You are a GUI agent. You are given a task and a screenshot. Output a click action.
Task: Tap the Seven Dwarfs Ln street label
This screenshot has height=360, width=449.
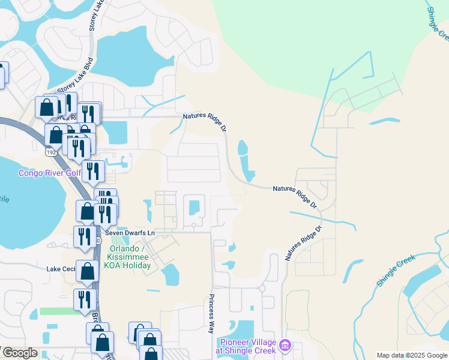[x=130, y=232]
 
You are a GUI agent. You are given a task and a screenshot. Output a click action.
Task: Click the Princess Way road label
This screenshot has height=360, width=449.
[x=211, y=313]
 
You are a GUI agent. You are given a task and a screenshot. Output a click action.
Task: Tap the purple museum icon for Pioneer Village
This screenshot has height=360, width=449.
[x=285, y=345]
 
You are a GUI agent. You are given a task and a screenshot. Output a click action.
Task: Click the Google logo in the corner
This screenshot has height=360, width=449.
[x=19, y=353]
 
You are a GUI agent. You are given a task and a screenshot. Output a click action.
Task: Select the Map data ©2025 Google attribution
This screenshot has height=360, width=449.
[x=412, y=355]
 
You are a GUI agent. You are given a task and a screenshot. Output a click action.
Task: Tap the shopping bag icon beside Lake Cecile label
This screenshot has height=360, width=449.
[x=88, y=271]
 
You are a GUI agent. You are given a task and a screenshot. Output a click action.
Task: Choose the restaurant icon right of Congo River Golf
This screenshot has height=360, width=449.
[x=93, y=170]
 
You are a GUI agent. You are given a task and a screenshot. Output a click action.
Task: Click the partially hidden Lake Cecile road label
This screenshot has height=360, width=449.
[x=61, y=269]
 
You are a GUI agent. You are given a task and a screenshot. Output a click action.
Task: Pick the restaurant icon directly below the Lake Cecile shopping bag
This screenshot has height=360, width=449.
[x=84, y=299]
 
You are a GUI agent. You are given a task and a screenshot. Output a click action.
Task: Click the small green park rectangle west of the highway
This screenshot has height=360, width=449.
[x=56, y=311]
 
